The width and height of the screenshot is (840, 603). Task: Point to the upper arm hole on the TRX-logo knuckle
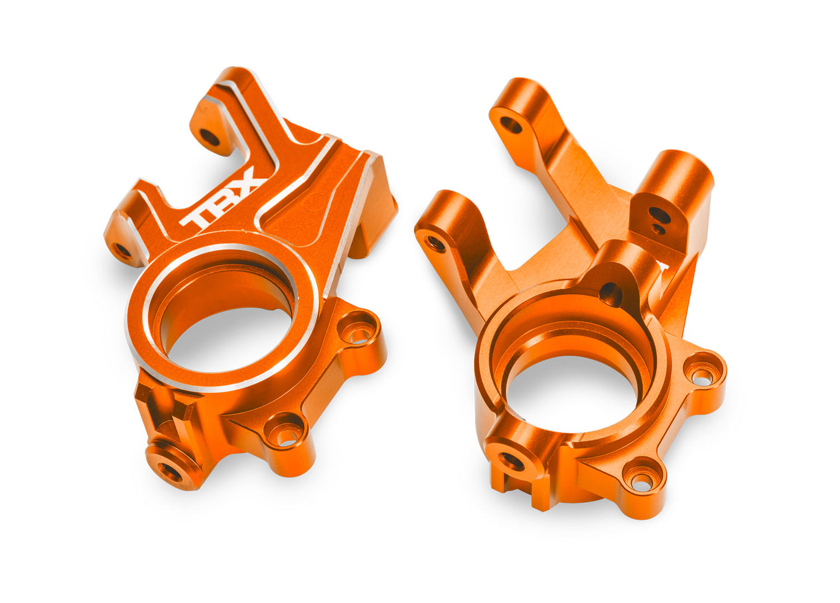click(x=210, y=137)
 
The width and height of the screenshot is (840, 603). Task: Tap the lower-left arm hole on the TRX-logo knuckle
click(x=123, y=251)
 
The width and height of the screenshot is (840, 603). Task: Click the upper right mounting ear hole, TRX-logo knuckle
click(x=359, y=333)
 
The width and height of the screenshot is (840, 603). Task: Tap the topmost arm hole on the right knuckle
click(x=511, y=124)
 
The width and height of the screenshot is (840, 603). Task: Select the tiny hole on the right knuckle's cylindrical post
click(x=657, y=229)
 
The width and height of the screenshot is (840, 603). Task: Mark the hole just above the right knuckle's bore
click(x=610, y=294)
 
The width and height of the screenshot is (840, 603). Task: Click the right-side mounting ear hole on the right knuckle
click(x=702, y=377)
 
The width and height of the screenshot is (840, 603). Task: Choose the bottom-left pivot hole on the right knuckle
click(x=512, y=461)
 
